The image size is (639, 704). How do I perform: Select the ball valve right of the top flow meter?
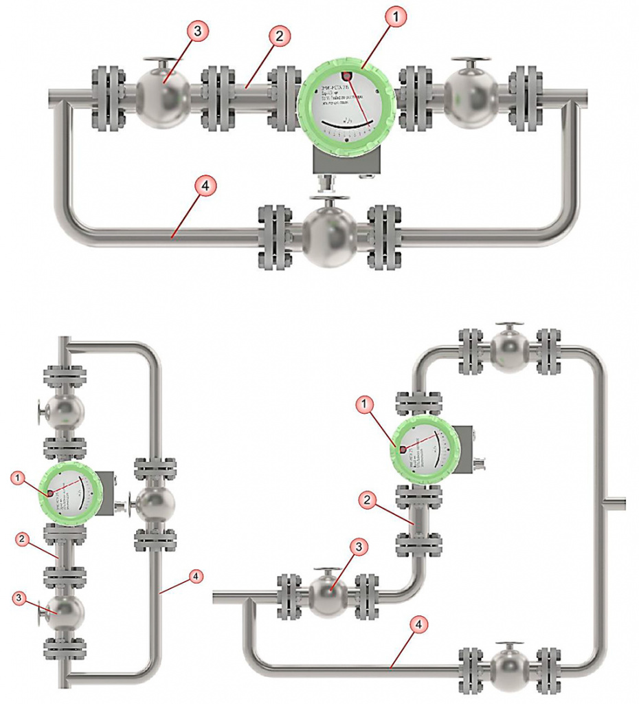471,96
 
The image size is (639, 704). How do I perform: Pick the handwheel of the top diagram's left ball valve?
162,62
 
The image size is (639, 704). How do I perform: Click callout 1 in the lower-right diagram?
365,406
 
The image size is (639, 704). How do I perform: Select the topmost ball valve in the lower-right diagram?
509,353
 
